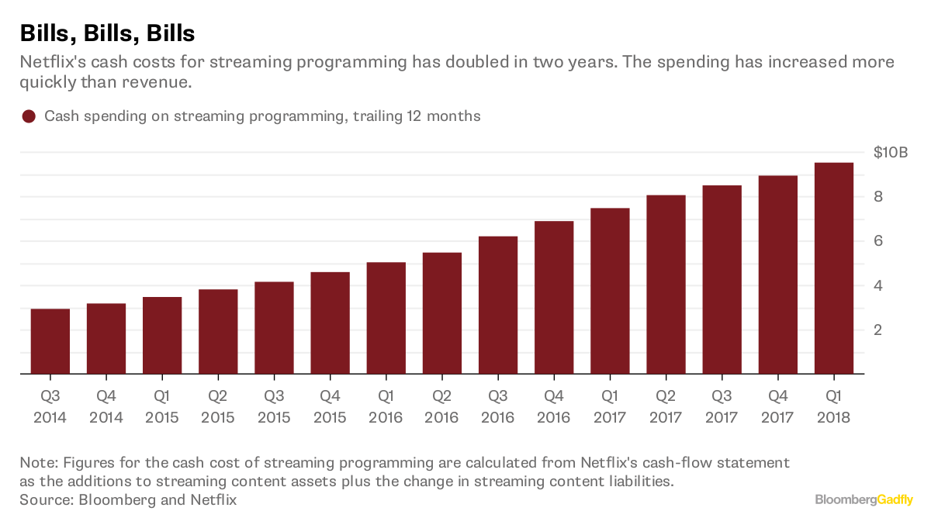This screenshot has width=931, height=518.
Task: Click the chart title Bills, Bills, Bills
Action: [107, 33]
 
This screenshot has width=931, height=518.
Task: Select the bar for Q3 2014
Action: [50, 341]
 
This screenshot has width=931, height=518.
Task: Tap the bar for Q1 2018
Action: [834, 268]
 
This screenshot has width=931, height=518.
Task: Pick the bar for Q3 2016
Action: [498, 305]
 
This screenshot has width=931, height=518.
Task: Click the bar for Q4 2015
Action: [330, 323]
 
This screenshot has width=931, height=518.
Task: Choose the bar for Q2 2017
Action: [666, 285]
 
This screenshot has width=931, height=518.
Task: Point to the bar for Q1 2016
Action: [386, 318]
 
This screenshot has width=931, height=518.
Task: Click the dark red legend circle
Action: [29, 116]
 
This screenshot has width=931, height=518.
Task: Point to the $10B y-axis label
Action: [891, 152]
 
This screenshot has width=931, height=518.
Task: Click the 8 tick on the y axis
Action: [879, 197]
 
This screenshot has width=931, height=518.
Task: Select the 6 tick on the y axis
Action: [879, 241]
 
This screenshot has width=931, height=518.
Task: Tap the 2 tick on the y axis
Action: [879, 330]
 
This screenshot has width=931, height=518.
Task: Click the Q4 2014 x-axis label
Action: [106, 407]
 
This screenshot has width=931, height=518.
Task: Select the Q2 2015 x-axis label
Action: [218, 407]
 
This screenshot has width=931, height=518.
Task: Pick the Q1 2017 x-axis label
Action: [610, 407]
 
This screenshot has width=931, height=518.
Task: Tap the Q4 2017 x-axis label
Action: [777, 407]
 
